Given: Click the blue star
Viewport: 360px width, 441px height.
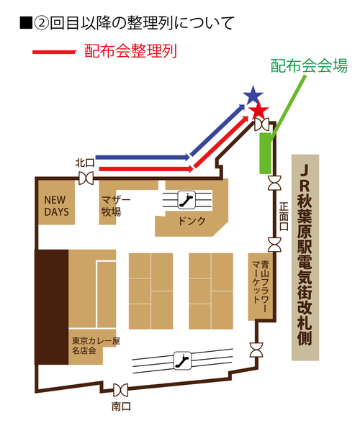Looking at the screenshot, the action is pyautogui.click(x=253, y=95).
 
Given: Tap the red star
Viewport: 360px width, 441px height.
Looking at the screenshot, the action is pyautogui.click(x=259, y=111).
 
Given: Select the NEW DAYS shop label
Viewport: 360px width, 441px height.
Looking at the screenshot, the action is pyautogui.click(x=56, y=206).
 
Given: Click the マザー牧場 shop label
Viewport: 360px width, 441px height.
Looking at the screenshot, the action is pyautogui.click(x=115, y=206).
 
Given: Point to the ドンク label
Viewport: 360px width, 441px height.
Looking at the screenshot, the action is pyautogui.click(x=192, y=221).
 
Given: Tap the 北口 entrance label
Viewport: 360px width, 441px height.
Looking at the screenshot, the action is pyautogui.click(x=85, y=163).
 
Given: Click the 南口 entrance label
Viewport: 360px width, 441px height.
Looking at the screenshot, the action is pyautogui.click(x=121, y=406).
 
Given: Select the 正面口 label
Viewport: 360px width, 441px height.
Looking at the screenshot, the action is pyautogui.click(x=284, y=217).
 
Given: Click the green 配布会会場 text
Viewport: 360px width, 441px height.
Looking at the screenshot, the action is pyautogui.click(x=309, y=65).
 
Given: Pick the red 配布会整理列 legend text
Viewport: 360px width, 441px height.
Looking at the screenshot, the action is pyautogui.click(x=130, y=51).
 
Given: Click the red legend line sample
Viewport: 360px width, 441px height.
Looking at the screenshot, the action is pyautogui.click(x=54, y=52).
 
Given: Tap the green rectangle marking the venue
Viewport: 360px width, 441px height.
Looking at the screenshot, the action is pyautogui.click(x=265, y=153).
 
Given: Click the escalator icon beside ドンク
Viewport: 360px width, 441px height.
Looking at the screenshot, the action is pyautogui.click(x=186, y=200).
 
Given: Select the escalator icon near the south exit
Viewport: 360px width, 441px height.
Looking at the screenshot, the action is pyautogui.click(x=182, y=360).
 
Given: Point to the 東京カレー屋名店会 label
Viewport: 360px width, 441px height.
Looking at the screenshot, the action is pyautogui.click(x=96, y=346).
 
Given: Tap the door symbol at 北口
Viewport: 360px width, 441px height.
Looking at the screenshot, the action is pyautogui.click(x=86, y=178).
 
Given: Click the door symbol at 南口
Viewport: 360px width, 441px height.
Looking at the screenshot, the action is pyautogui.click(x=121, y=390).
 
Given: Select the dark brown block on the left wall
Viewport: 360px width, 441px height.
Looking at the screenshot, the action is pyautogui.click(x=52, y=307).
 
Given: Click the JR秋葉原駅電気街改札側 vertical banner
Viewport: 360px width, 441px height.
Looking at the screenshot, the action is pyautogui.click(x=305, y=258).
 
